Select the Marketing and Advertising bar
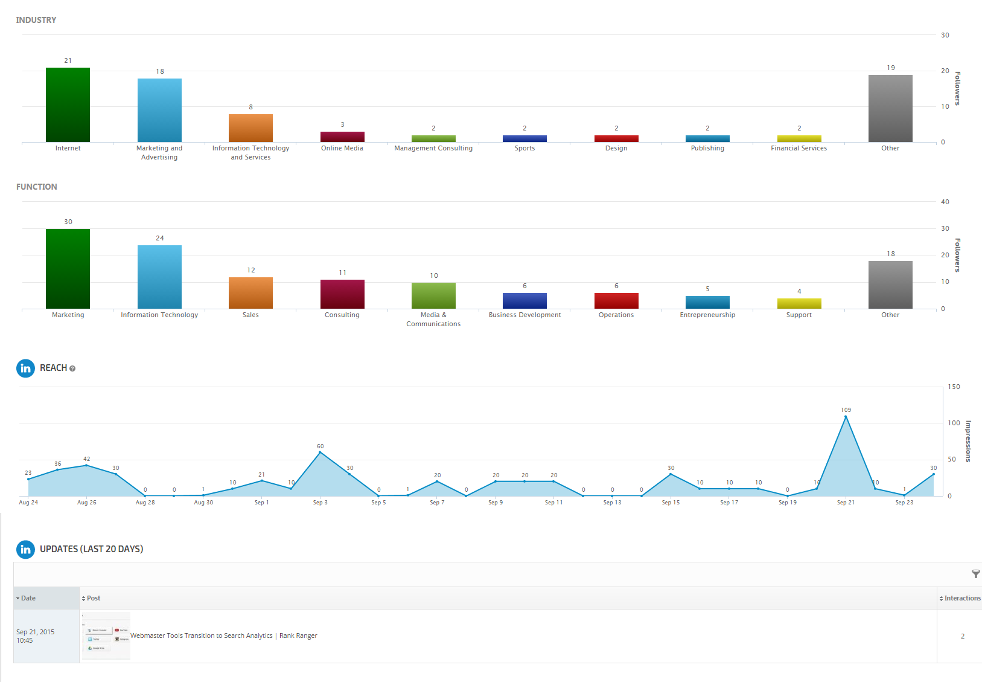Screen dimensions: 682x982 click(x=159, y=110)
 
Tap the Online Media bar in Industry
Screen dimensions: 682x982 click(x=342, y=137)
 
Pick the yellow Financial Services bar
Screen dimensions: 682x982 click(x=799, y=139)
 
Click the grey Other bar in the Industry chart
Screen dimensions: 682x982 click(x=890, y=108)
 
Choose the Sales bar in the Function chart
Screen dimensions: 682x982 click(x=250, y=293)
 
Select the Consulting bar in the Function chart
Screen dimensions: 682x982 click(x=342, y=294)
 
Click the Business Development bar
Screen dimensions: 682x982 click(x=524, y=301)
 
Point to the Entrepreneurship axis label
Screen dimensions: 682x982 click(x=707, y=315)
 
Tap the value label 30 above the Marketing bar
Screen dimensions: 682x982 click(x=68, y=222)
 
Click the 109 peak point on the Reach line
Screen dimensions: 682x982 click(x=846, y=416)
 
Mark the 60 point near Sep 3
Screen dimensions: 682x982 click(x=320, y=452)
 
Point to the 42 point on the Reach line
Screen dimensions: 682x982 click(x=86, y=465)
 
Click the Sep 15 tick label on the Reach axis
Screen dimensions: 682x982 click(x=671, y=503)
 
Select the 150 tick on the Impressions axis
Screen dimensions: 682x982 click(x=954, y=387)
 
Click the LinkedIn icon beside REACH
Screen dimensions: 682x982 click(x=25, y=368)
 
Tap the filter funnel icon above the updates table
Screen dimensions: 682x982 click(x=975, y=574)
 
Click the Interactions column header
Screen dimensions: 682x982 click(x=961, y=598)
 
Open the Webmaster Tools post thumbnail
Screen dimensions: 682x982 click(x=106, y=636)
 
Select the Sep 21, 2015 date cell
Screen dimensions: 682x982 click(x=36, y=636)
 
